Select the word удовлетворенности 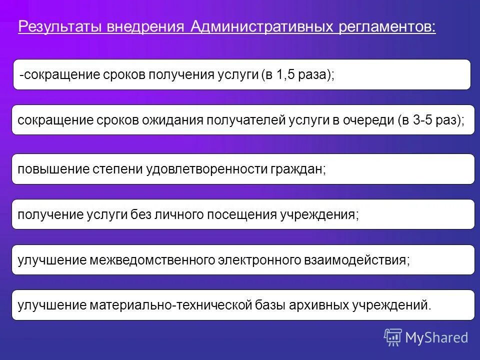206,169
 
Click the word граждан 298,169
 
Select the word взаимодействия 356,260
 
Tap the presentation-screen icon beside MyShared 393,337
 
